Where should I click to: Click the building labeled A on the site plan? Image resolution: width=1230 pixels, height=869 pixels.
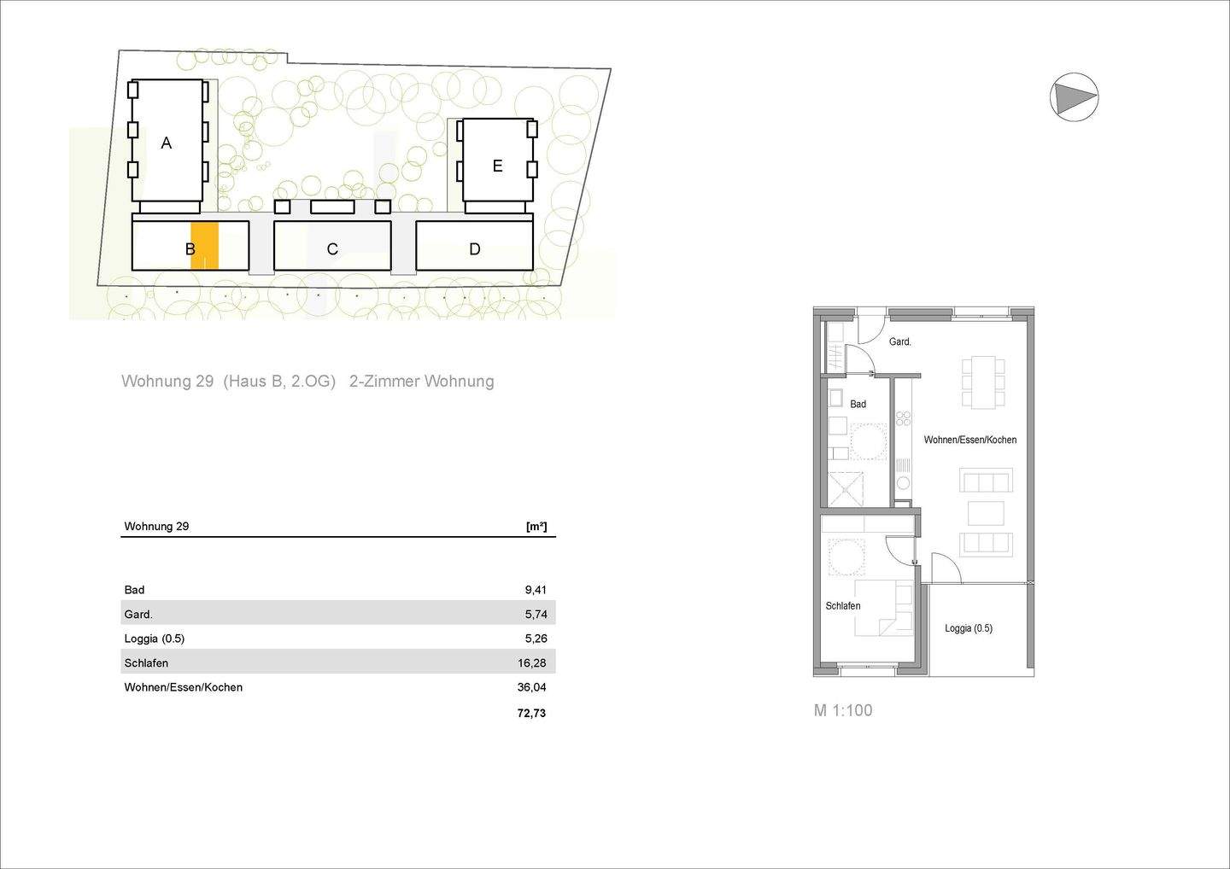167,143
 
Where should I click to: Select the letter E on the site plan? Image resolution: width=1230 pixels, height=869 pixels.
497,166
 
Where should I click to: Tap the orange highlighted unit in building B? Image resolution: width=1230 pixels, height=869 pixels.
205,246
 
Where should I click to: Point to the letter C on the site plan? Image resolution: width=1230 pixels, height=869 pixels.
332,249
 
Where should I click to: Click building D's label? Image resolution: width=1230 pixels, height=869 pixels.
475,249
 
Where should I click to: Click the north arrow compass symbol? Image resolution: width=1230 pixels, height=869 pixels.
1074,96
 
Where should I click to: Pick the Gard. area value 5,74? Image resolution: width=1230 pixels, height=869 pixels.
536,614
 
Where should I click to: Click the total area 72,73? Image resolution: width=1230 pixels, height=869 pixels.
531,713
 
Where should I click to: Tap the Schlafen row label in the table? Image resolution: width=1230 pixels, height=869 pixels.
146,663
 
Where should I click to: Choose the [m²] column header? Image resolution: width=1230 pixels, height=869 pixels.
536,527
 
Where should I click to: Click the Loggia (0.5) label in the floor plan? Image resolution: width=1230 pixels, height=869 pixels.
968,628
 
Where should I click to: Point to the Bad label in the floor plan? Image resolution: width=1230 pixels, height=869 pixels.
858,404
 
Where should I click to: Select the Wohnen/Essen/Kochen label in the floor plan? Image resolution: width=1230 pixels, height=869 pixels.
970,440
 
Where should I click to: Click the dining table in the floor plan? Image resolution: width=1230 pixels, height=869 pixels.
983,381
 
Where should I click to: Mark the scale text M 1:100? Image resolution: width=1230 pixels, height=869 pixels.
843,710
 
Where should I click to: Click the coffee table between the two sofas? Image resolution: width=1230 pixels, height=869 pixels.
986,513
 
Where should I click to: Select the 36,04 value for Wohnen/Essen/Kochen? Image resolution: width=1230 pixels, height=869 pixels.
531,687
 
